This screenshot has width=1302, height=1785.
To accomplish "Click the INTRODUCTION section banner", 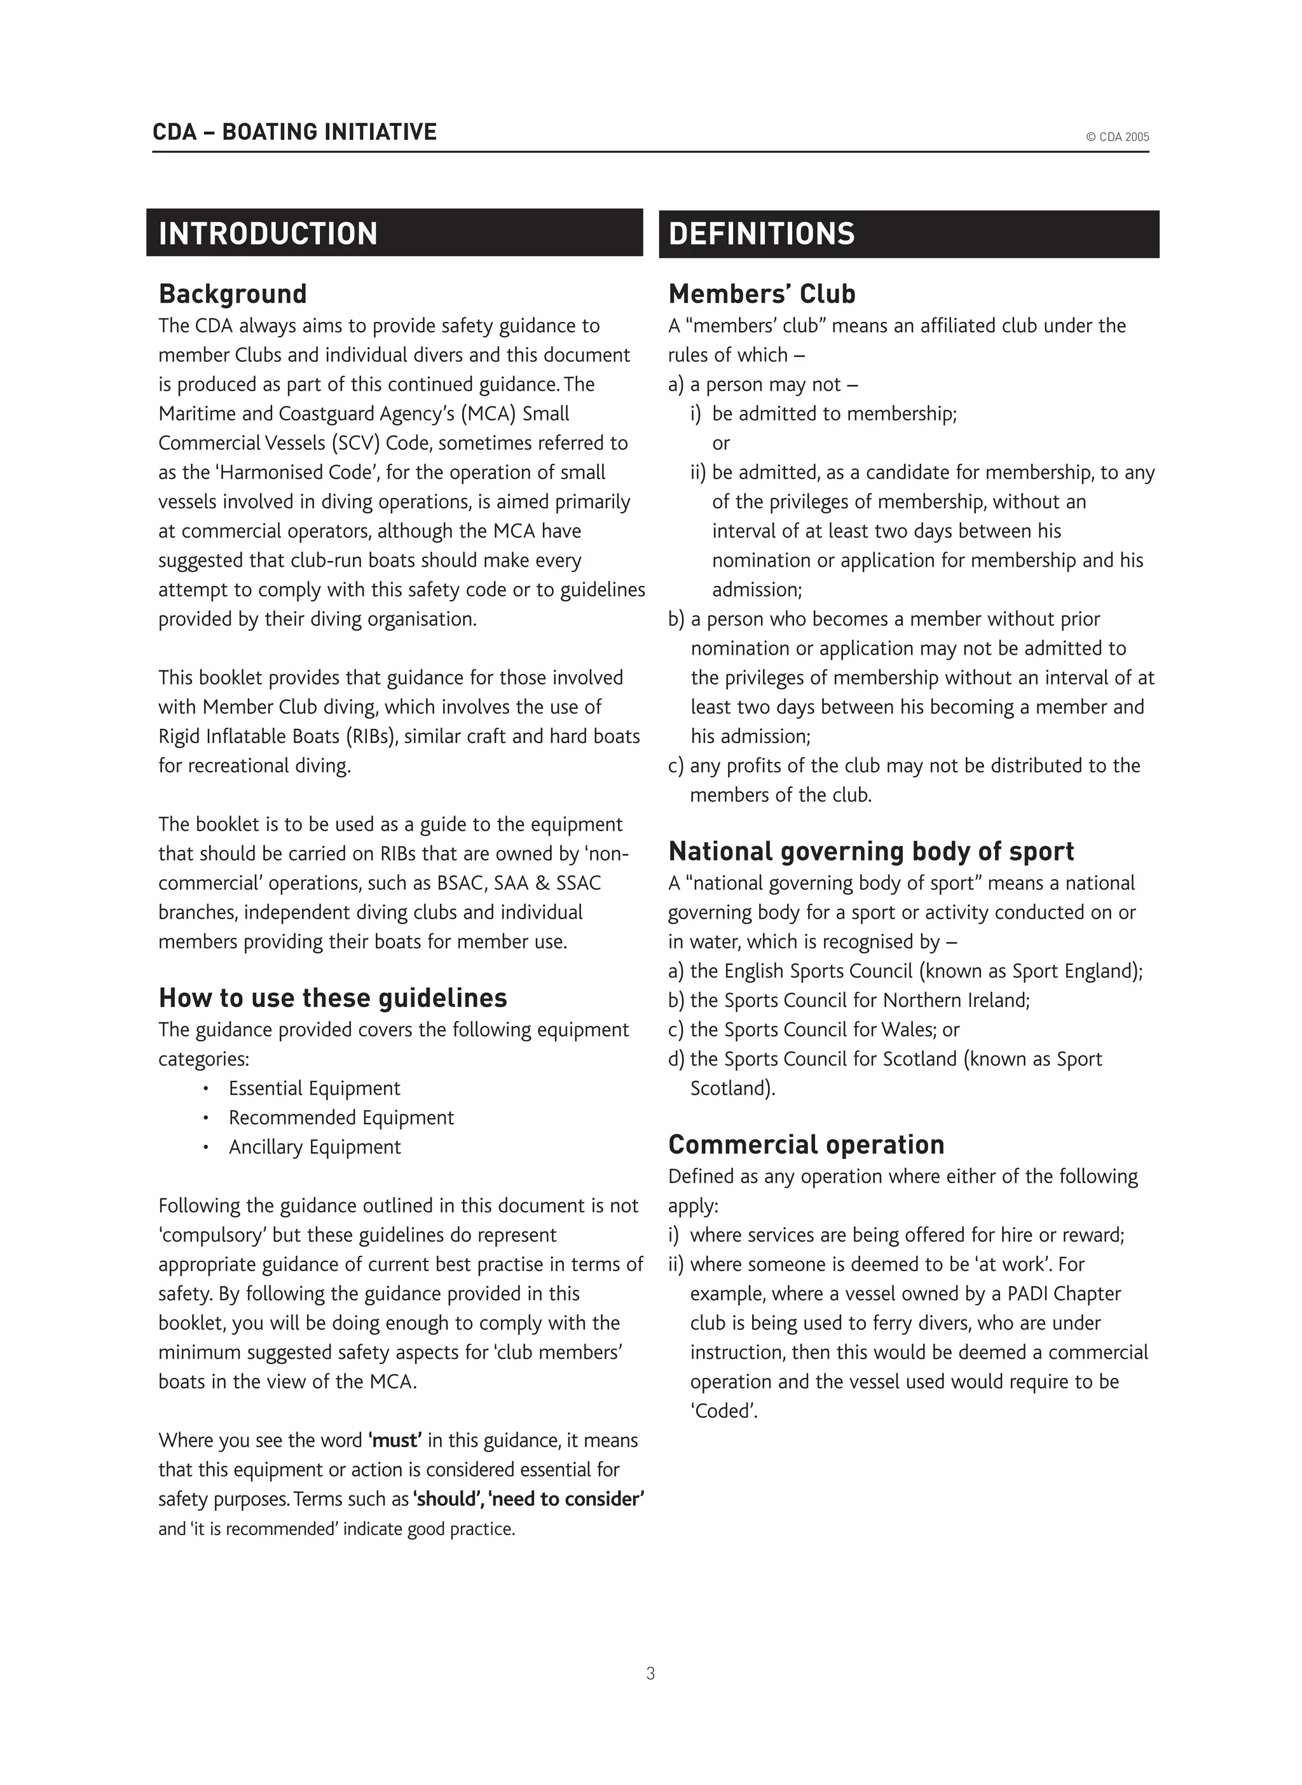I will point(394,233).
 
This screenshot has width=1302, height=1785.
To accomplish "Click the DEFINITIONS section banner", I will point(908,234).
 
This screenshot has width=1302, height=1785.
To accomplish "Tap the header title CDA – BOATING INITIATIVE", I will point(294,132).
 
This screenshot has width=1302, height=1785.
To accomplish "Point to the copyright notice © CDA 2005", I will point(1117,137).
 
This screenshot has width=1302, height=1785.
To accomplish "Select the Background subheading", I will point(233,294).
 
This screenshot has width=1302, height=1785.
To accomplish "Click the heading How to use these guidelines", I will point(332,998).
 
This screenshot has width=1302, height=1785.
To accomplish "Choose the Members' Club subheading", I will point(762,294).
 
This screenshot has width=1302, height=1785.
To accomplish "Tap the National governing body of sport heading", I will point(871,852).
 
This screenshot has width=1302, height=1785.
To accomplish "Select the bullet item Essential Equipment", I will point(313,1089).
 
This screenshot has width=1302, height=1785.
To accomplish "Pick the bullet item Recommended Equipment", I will point(341,1118).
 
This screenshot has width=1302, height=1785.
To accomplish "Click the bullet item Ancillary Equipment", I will point(315,1147).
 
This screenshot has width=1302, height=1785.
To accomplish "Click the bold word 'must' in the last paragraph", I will point(395,1440).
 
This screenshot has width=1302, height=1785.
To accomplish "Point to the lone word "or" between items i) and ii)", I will point(720,444).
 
